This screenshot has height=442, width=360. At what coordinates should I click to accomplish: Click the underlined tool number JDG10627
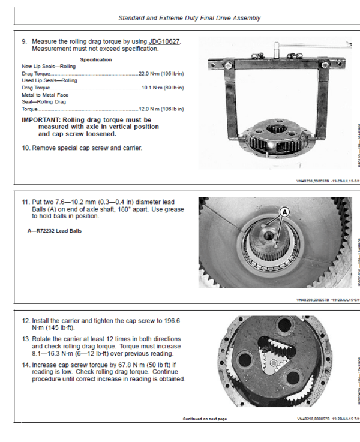click(x=164, y=41)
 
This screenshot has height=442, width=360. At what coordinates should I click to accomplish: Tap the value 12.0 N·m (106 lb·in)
click(x=161, y=109)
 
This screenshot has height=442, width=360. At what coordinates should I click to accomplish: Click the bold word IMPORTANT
click(x=44, y=119)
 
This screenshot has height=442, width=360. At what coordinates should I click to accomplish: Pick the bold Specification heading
click(x=95, y=59)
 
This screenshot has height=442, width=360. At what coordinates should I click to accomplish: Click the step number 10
click(x=26, y=148)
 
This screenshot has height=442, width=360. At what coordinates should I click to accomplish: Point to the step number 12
click(x=26, y=321)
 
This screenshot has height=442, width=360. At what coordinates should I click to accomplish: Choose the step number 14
click(x=26, y=364)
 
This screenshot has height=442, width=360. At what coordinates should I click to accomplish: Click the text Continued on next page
click(x=205, y=419)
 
